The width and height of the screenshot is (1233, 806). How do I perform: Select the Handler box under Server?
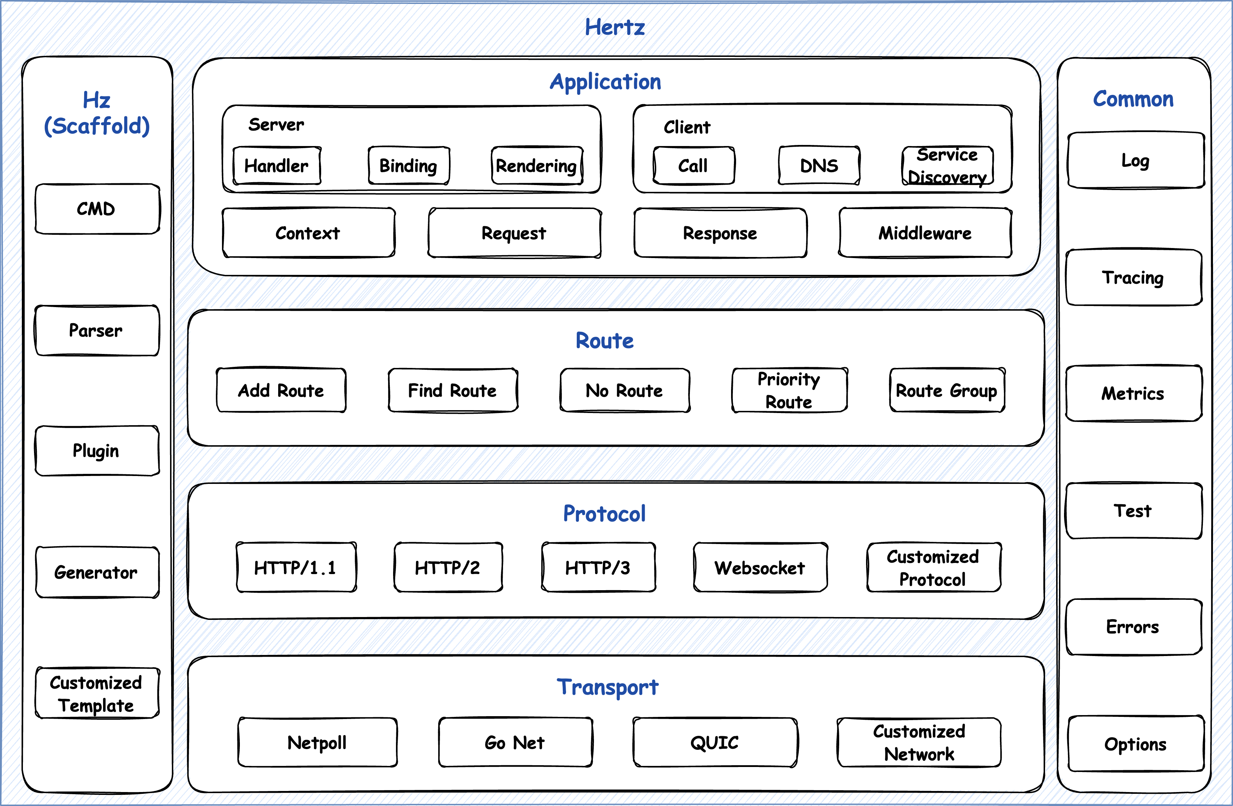click(277, 166)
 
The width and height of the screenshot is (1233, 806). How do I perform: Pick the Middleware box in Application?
click(925, 233)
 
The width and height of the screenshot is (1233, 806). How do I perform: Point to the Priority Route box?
click(789, 390)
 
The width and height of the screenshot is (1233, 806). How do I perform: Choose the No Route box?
click(624, 390)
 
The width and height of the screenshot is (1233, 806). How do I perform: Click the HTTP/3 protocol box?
click(598, 568)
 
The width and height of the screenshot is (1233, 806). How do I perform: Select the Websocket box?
click(760, 568)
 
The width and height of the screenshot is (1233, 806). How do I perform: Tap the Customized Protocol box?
click(933, 568)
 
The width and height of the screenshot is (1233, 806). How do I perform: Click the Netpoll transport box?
click(317, 743)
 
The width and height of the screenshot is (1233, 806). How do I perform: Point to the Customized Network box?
click(919, 743)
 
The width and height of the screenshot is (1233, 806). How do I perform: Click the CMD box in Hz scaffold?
click(96, 209)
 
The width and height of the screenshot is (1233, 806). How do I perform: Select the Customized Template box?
click(96, 694)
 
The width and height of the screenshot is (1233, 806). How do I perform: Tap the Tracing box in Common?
click(1133, 278)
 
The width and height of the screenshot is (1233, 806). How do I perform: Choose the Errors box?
click(1133, 627)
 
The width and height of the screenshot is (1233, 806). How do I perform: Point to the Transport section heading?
click(608, 687)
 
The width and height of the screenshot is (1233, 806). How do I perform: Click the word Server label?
click(276, 125)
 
